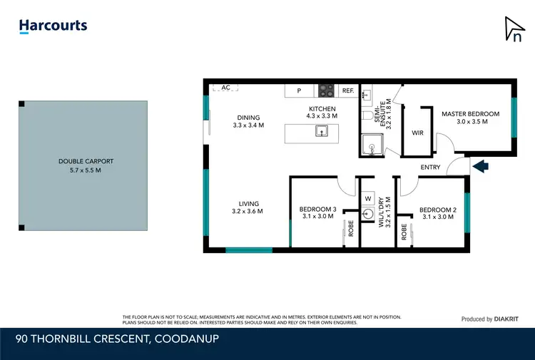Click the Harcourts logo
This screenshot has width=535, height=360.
[53, 26]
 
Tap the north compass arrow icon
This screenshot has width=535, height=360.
[514, 29]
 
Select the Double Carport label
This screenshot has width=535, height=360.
[86, 161]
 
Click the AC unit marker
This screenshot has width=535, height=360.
[225, 87]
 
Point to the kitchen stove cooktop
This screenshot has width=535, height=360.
[326, 91]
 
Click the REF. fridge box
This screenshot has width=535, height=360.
[348, 91]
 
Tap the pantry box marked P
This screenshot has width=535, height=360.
[300, 91]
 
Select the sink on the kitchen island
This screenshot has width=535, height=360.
[321, 130]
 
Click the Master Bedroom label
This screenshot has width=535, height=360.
[470, 114]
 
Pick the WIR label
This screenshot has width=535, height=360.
[419, 133]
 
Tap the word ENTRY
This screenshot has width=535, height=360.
[430, 168]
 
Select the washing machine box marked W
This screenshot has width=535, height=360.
[368, 198]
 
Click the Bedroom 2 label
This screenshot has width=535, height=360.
[437, 210]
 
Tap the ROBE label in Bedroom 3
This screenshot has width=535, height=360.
[350, 229]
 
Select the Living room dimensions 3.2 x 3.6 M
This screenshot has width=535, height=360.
[248, 211]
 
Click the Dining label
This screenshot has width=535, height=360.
[248, 118]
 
